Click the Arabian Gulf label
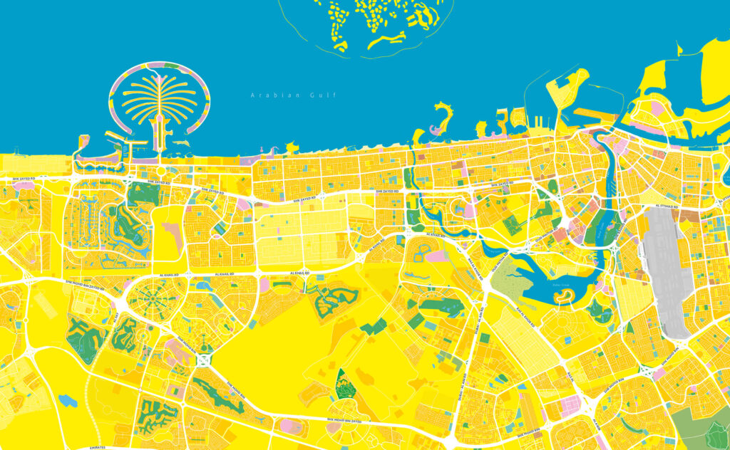click(292, 95)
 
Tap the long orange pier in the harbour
click(596, 112)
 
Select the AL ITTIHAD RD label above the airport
click(669, 206)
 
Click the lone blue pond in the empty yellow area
click(68, 401)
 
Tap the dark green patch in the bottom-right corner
click(716, 434)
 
